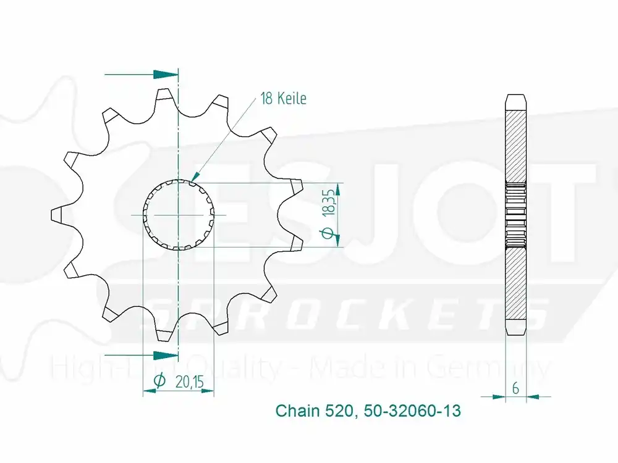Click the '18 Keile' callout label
(x=283, y=99)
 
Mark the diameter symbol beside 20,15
(x=158, y=382)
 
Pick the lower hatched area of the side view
(x=515, y=284)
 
